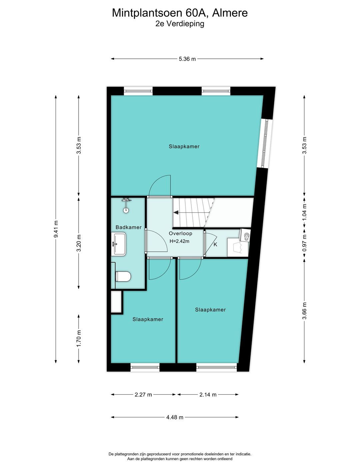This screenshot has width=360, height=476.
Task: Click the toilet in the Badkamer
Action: pyautogui.click(x=123, y=277)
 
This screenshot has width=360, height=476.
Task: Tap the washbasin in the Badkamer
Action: pyautogui.click(x=118, y=244)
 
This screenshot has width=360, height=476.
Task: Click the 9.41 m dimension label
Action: pyautogui.click(x=56, y=229)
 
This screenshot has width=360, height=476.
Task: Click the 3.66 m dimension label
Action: pyautogui.click(x=304, y=311)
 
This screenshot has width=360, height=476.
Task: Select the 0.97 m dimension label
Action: pyautogui.click(x=304, y=243)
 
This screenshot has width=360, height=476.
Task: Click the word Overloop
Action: pyautogui.click(x=180, y=233)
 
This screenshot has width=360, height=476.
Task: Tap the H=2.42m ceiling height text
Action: pyautogui.click(x=179, y=241)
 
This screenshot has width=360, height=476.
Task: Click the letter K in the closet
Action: pyautogui.click(x=215, y=245)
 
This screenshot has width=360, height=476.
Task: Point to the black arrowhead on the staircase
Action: pyautogui.click(x=176, y=212)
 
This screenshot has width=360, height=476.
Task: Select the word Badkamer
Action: pyautogui.click(x=128, y=227)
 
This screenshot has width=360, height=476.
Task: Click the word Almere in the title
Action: pyautogui.click(x=230, y=13)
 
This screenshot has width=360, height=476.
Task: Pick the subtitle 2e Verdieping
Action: pyautogui.click(x=180, y=24)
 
